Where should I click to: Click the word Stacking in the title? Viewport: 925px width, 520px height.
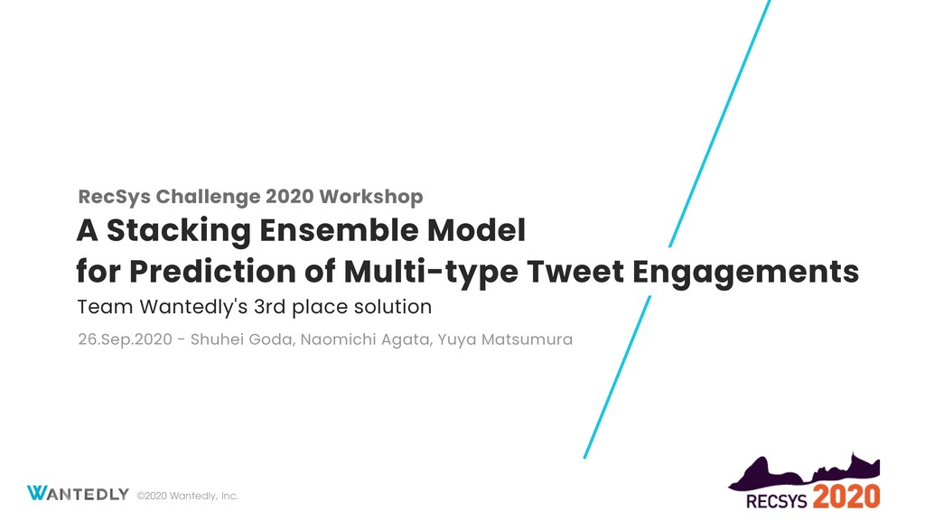179,231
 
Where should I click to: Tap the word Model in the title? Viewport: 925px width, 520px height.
476,230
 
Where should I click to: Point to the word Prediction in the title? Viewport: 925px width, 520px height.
212,272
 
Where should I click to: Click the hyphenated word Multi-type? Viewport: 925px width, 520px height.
431,273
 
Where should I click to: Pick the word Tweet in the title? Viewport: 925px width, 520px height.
575,272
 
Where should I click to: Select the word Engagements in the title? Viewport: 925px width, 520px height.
745,273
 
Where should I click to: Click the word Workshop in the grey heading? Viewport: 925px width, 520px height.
371,196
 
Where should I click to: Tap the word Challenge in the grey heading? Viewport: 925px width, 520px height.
209,197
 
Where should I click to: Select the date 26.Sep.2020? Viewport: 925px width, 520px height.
125,339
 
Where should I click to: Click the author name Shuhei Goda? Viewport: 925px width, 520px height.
241,339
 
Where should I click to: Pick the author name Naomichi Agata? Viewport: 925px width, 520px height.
366,339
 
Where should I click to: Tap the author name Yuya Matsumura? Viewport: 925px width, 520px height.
505,339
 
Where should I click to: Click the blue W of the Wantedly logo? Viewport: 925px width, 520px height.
36,493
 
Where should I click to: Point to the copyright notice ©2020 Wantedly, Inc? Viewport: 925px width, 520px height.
188,496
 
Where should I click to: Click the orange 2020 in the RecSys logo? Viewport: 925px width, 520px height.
846,497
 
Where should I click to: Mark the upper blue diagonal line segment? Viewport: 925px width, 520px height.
720,123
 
